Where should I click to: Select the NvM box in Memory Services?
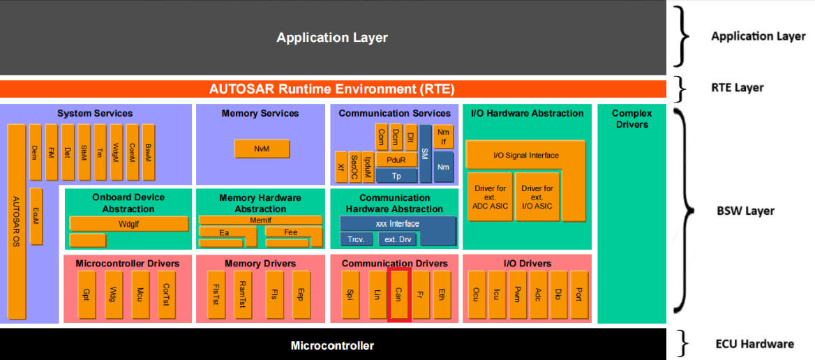(x=262, y=149)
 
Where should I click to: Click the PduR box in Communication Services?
(x=396, y=160)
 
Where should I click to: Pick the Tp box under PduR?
(x=396, y=176)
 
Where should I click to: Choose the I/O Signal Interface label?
(x=525, y=155)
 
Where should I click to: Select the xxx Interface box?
(x=398, y=224)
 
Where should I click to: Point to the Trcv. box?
(x=356, y=239)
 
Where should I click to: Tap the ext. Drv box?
(x=397, y=239)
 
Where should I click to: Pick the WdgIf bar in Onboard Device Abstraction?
(x=129, y=224)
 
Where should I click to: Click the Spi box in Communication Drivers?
(x=350, y=294)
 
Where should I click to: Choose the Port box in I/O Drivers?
(x=579, y=294)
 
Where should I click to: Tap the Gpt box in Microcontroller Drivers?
(x=87, y=294)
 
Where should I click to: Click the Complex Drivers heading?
(x=631, y=119)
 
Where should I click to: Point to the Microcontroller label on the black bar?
(x=332, y=345)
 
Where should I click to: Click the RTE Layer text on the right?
(x=737, y=88)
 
